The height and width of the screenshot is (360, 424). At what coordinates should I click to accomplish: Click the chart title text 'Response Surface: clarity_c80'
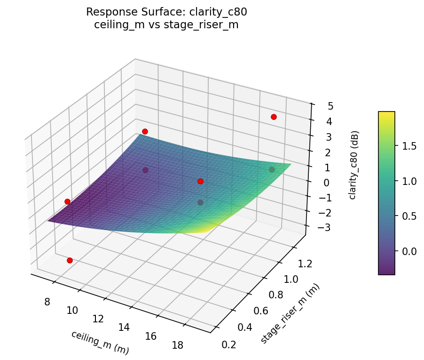[166, 12]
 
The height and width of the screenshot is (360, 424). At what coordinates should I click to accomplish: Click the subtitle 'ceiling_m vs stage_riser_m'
[166, 25]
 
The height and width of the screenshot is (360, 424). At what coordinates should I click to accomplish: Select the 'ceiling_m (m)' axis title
[100, 342]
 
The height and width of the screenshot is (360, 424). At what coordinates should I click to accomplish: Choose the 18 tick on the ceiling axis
[178, 344]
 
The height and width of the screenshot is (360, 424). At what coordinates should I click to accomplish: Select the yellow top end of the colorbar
[386, 114]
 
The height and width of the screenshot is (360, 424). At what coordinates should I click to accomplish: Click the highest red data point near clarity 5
[274, 117]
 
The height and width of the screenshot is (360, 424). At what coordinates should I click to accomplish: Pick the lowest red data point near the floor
[70, 260]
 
